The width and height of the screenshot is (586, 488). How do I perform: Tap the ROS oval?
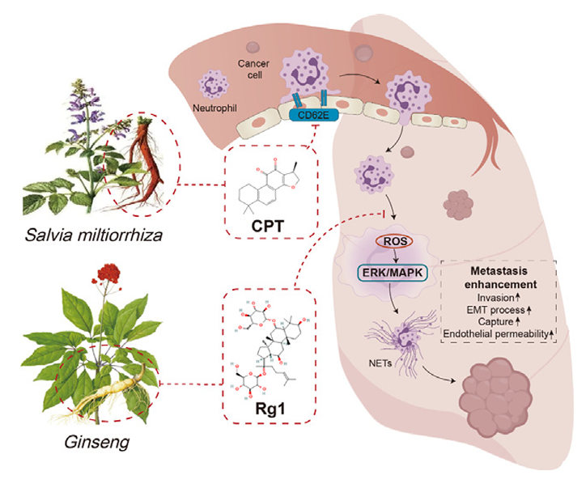click(391, 240)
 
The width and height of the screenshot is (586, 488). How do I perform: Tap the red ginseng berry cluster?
click(102, 269)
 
